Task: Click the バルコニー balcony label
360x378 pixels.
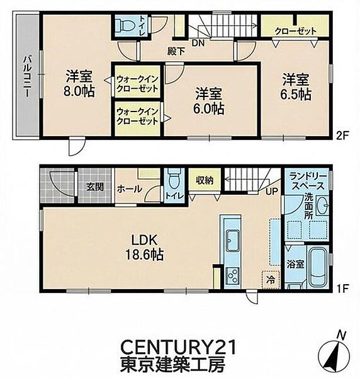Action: tap(27, 76)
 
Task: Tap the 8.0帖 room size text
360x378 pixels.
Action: tap(79, 91)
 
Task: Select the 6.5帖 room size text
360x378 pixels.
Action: tap(295, 94)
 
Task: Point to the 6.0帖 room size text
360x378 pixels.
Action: tap(208, 108)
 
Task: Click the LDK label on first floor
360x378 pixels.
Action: tap(144, 241)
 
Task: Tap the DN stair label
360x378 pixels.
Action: tap(198, 43)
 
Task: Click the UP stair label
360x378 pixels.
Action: tap(272, 192)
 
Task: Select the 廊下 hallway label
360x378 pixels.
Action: tap(176, 51)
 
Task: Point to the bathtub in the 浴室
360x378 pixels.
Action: tap(318, 267)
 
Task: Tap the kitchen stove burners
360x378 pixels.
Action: tap(232, 275)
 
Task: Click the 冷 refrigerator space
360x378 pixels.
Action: tap(271, 280)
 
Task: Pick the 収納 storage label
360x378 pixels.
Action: tap(204, 180)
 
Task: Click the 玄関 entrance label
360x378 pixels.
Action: tap(95, 187)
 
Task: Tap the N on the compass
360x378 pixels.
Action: tap(340, 335)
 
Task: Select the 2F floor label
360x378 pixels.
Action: tap(342, 137)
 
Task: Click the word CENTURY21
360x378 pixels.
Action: tap(178, 347)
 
